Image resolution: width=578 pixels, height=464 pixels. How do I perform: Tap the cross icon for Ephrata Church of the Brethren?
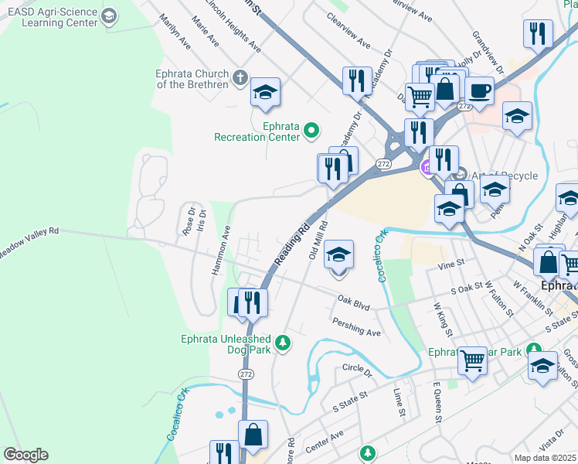tap(240, 78)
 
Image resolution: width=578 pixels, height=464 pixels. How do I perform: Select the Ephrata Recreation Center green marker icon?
tap(312, 131)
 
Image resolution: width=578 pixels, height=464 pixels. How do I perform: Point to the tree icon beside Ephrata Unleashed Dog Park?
tap(284, 341)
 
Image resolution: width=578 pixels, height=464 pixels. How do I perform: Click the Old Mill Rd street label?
tap(318, 240)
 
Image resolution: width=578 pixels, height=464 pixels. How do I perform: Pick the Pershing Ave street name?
tap(356, 327)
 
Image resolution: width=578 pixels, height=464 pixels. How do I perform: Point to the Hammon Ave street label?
tap(221, 250)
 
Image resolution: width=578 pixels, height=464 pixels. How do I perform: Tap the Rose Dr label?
tap(189, 221)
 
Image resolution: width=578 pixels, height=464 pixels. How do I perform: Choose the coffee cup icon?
tap(479, 90)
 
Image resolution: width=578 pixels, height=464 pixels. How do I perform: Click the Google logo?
tap(25, 455)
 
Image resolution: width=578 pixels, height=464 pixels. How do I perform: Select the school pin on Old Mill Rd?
tap(338, 255)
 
